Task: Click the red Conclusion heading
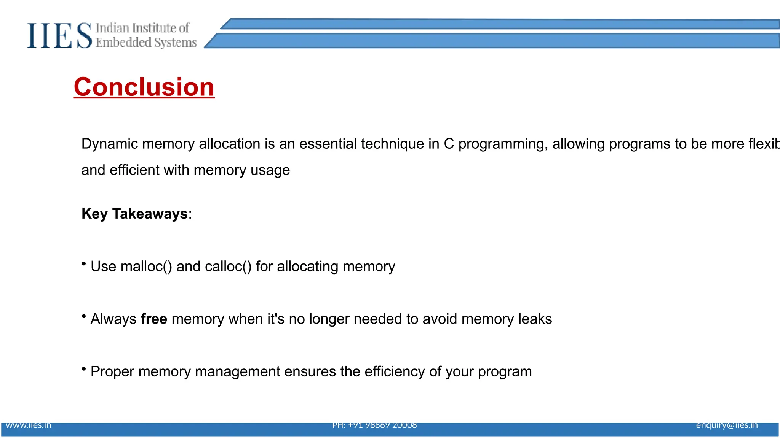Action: click(144, 87)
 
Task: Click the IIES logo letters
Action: click(59, 36)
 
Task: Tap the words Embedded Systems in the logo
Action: click(146, 43)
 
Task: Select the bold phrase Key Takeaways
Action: click(134, 214)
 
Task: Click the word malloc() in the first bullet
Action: click(146, 267)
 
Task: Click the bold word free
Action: click(154, 319)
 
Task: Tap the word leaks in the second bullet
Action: click(535, 319)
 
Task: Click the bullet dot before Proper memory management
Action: click(84, 368)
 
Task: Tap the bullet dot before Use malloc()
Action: click(84, 263)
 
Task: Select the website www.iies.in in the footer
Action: click(29, 425)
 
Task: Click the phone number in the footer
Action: click(374, 425)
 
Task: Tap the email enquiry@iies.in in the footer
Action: click(727, 425)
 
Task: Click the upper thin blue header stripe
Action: click(495, 24)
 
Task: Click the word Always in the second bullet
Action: click(113, 319)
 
